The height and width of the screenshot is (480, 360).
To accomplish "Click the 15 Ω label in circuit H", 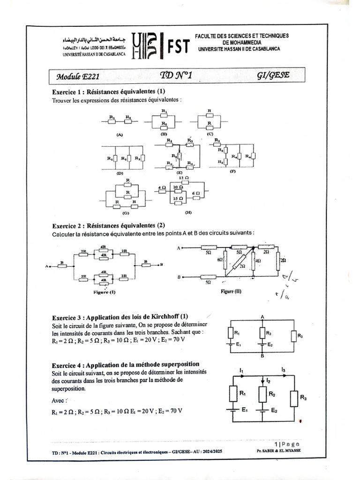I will point(177,199).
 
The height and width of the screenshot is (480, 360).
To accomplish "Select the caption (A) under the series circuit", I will point(119,135).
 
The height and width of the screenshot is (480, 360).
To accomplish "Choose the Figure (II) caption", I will point(231,291).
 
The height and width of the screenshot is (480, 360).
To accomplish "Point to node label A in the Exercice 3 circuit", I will point(262,316).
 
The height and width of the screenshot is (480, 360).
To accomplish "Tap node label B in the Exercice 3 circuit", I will point(262,356).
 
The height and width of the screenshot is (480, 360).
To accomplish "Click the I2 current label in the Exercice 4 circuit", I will point(268,382).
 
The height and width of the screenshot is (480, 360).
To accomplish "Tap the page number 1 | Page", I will point(287,444).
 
